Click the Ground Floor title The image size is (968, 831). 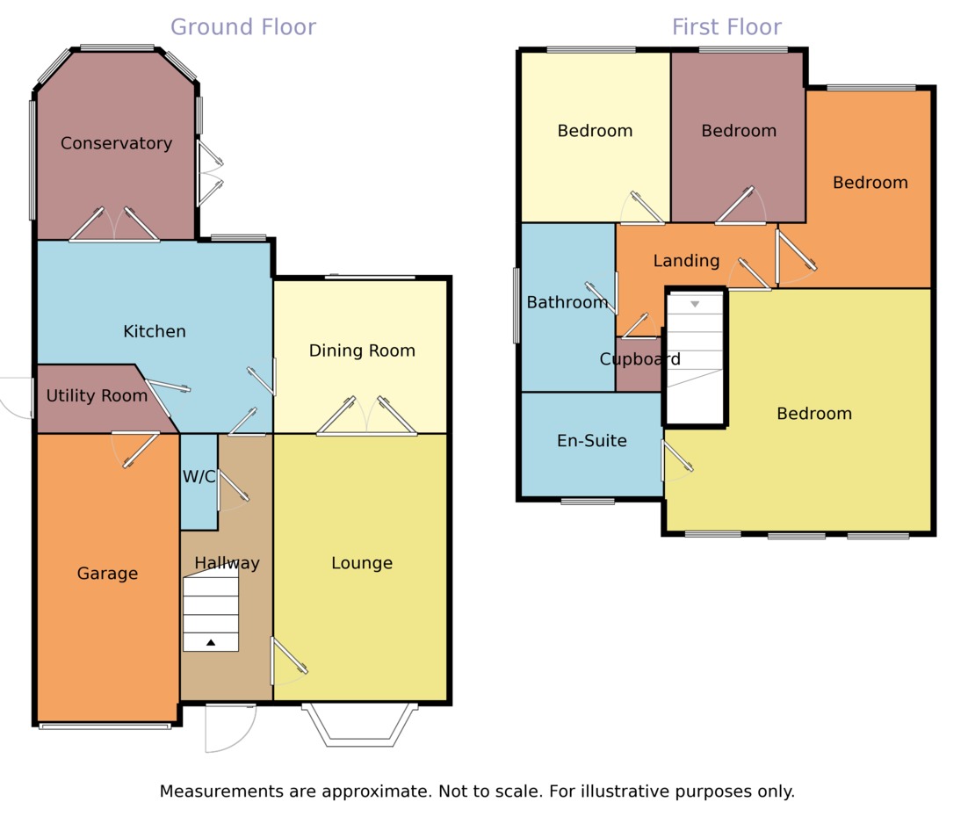pyautogui.click(x=243, y=27)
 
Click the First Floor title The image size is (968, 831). pyautogui.click(x=726, y=27)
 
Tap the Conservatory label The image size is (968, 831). pyautogui.click(x=116, y=143)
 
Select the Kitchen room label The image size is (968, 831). pyautogui.click(x=155, y=331)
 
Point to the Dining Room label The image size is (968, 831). pyautogui.click(x=362, y=350)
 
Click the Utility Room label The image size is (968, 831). pyautogui.click(x=97, y=396)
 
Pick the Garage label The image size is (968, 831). pyautogui.click(x=107, y=574)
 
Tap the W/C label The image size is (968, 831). pyautogui.click(x=199, y=477)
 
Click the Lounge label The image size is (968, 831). pyautogui.click(x=362, y=563)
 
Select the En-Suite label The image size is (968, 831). pyautogui.click(x=592, y=441)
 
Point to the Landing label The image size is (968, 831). pyautogui.click(x=687, y=261)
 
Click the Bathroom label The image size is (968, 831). pyautogui.click(x=567, y=302)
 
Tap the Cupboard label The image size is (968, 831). pyautogui.click(x=640, y=359)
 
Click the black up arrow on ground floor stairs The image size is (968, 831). pyautogui.click(x=211, y=643)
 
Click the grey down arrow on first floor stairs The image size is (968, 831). pyautogui.click(x=695, y=304)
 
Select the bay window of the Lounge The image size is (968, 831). pyautogui.click(x=360, y=724)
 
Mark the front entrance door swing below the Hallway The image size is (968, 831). pyautogui.click(x=230, y=728)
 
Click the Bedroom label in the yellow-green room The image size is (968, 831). pyautogui.click(x=814, y=414)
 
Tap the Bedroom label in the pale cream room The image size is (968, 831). pyautogui.click(x=596, y=131)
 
